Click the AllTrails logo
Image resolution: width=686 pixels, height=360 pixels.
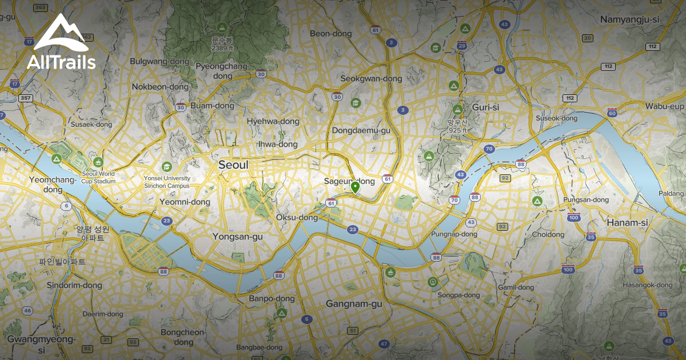coord(61,42)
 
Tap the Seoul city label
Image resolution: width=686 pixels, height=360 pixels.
coord(233,165)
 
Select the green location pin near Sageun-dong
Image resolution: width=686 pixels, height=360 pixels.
coord(355,187)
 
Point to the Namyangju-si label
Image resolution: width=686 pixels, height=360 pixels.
coord(629,19)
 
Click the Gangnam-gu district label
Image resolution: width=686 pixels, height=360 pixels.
coord(354,304)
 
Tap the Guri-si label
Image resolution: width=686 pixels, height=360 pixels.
coord(486,107)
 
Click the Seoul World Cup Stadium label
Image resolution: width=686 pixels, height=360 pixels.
coord(98,177)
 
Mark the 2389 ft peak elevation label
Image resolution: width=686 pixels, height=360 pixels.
coord(222,49)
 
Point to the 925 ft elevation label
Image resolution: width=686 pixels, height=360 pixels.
coord(457,130)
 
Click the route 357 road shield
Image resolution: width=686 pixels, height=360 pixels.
coord(25,98)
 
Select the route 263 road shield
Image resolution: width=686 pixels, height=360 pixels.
coord(40,7)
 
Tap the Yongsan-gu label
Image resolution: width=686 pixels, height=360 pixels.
coord(237,236)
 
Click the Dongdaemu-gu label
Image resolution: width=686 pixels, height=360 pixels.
coord(361,130)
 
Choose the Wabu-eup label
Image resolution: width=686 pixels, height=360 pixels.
coord(665,106)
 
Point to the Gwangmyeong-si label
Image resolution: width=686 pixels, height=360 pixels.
coord(41,343)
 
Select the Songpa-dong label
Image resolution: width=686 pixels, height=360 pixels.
coord(458,295)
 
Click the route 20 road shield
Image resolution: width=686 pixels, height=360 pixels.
coord(587,38)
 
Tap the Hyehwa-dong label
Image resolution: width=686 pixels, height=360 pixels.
coord(273,121)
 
